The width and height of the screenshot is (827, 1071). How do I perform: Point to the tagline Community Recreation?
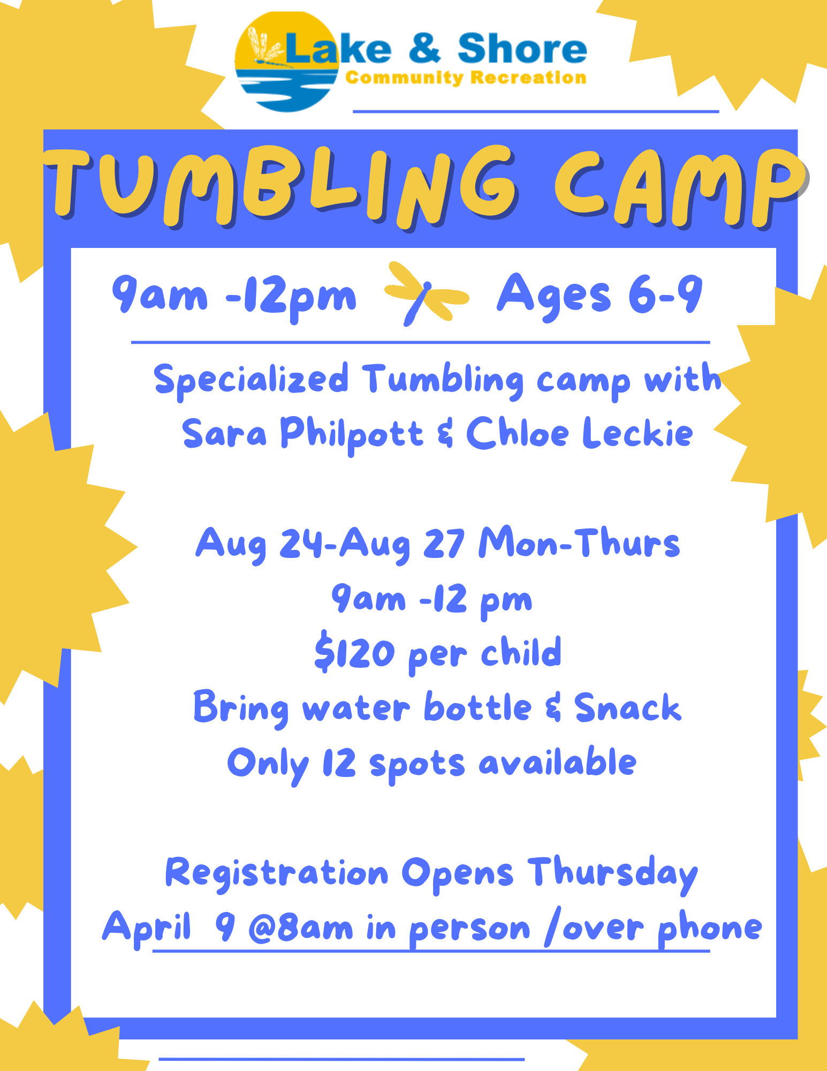[466, 78]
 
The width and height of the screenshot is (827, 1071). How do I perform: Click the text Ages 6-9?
[600, 296]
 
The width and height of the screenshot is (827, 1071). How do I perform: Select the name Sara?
[224, 433]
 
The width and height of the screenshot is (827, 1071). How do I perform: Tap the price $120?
[354, 652]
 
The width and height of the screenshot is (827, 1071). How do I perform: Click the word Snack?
[627, 707]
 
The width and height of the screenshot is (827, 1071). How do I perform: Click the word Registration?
[277, 873]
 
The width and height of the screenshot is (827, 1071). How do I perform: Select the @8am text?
[301, 927]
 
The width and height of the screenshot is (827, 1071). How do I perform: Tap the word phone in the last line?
[710, 929]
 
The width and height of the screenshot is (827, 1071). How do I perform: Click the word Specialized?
[251, 379]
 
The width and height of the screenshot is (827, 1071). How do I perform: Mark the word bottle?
[478, 706]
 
